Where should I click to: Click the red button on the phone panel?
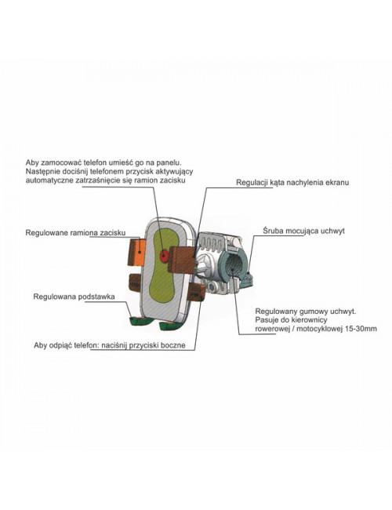[x=164, y=256]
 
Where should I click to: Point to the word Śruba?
[x=272, y=231]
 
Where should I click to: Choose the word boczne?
[x=173, y=345]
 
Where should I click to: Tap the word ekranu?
[x=337, y=183]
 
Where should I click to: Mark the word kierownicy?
[x=311, y=319]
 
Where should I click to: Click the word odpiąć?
[x=62, y=345]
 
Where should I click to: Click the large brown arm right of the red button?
[x=181, y=259]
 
